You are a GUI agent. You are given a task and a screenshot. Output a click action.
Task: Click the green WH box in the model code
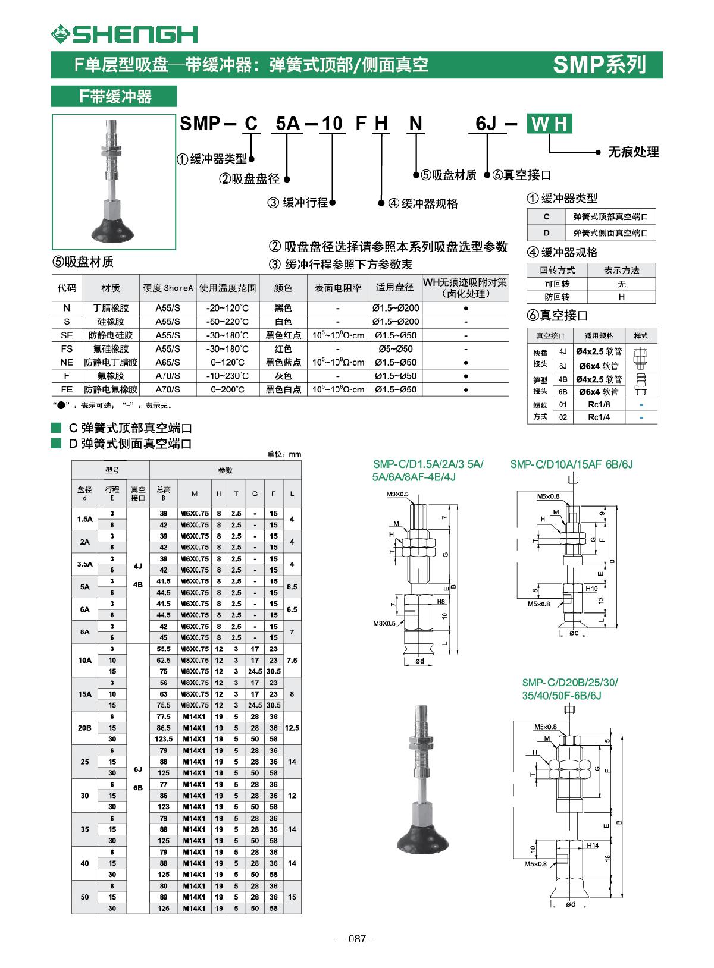click(x=549, y=124)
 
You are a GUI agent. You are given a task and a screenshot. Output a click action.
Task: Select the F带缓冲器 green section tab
click(x=114, y=96)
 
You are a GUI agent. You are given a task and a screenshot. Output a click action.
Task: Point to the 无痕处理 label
click(x=633, y=152)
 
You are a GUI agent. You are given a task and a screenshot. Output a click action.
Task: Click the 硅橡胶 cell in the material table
click(x=110, y=321)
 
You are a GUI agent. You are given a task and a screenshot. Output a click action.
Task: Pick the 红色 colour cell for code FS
click(x=283, y=349)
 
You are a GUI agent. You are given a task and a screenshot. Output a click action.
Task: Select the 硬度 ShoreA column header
click(x=168, y=288)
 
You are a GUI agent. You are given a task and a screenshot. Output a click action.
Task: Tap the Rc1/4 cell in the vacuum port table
click(x=599, y=417)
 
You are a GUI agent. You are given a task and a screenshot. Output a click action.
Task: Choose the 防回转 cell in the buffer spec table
click(x=557, y=296)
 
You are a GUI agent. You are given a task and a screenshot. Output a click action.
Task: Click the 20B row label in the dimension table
click(x=84, y=728)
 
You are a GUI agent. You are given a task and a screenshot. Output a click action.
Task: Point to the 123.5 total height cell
click(x=164, y=739)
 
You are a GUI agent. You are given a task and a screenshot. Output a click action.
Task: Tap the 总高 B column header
click(x=164, y=493)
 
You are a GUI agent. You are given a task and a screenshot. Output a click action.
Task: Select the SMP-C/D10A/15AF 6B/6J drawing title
click(x=571, y=464)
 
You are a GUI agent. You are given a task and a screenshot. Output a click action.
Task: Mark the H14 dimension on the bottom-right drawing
click(x=592, y=845)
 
